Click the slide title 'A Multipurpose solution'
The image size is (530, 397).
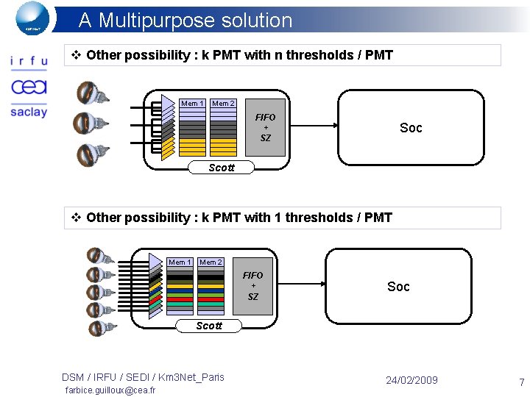click(x=185, y=20)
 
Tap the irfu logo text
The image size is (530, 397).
click(x=29, y=62)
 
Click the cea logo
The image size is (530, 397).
click(x=29, y=87)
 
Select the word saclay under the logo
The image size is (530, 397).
click(x=29, y=112)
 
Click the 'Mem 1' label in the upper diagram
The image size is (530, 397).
click(x=192, y=104)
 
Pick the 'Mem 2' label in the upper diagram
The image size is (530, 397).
click(x=223, y=104)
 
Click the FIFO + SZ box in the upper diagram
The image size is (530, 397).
click(x=265, y=128)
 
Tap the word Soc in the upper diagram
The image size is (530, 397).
click(x=411, y=128)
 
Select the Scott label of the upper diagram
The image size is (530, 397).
click(x=221, y=168)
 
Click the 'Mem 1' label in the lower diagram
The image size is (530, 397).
click(x=180, y=262)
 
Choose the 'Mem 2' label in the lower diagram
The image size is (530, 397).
click(x=211, y=262)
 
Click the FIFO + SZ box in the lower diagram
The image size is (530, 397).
click(x=252, y=286)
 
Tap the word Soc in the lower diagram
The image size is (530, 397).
click(x=398, y=287)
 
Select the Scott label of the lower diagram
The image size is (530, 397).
click(x=209, y=326)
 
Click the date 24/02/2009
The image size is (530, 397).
click(x=411, y=380)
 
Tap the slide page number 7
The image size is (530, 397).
click(x=521, y=382)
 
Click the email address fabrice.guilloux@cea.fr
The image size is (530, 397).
click(x=110, y=390)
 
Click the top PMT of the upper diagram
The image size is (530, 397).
click(x=91, y=93)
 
